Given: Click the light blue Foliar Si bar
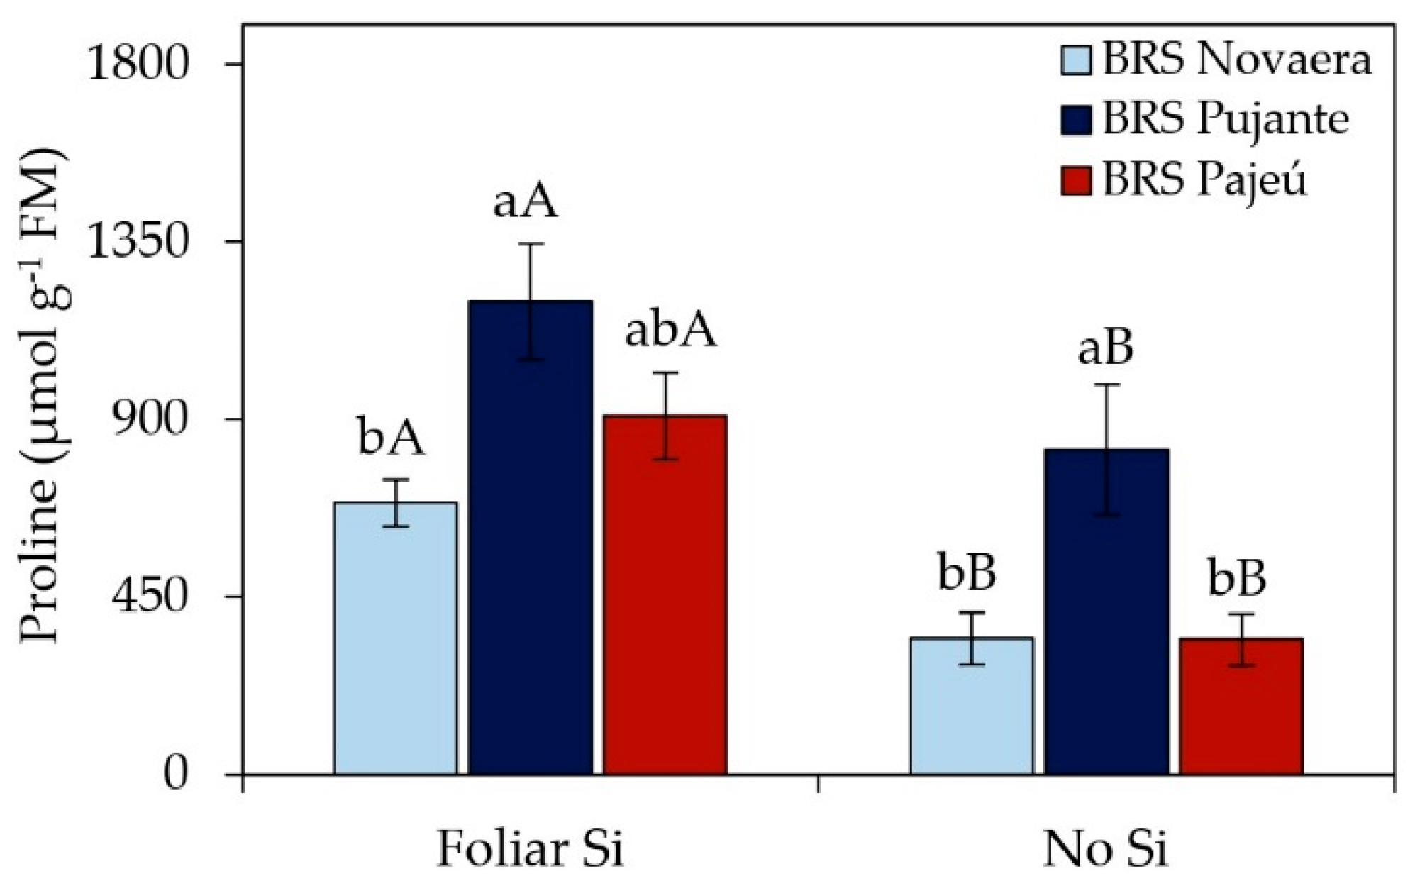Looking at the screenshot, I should (395, 638).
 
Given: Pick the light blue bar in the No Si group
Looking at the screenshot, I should (972, 705).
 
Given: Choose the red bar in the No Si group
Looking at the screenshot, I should (1241, 706).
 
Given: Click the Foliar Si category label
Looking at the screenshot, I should (530, 848).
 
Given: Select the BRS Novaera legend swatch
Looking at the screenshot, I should (1076, 60).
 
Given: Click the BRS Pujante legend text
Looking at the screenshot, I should (1226, 119).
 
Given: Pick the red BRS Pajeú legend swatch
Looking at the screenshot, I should (1076, 179).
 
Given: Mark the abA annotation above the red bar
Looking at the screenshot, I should (670, 331).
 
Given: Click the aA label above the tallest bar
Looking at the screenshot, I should (526, 201).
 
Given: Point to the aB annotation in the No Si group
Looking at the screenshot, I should (1105, 348).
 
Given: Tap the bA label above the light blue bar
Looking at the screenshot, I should (391, 438).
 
